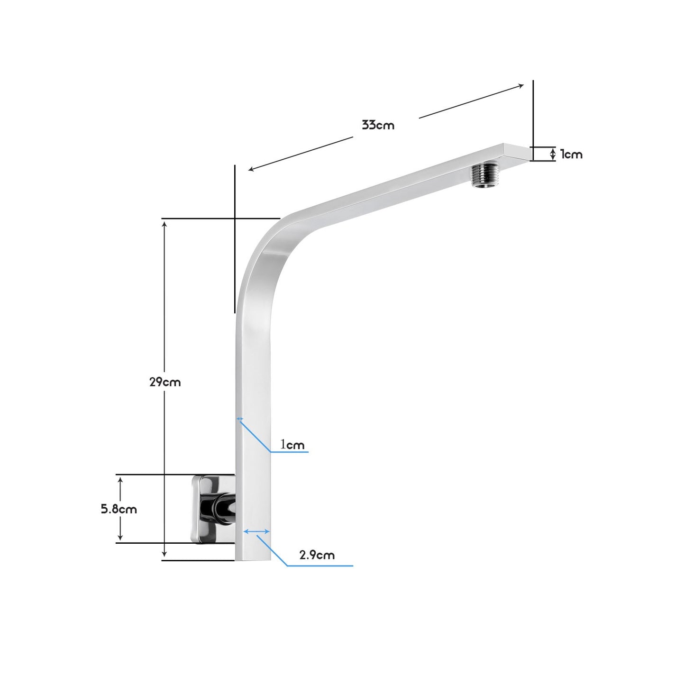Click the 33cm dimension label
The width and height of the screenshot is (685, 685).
click(378, 126)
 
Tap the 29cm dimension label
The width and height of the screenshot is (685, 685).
click(165, 382)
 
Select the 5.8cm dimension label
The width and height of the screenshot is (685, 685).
click(119, 509)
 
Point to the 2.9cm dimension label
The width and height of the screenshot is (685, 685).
click(317, 555)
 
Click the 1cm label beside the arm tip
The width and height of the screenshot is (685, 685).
click(571, 155)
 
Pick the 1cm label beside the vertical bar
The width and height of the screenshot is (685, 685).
click(292, 445)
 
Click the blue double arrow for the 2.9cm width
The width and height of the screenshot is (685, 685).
click(256, 532)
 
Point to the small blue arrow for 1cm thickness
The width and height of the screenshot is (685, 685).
click(240, 419)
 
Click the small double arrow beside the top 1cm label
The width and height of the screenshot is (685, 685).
click(552, 154)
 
